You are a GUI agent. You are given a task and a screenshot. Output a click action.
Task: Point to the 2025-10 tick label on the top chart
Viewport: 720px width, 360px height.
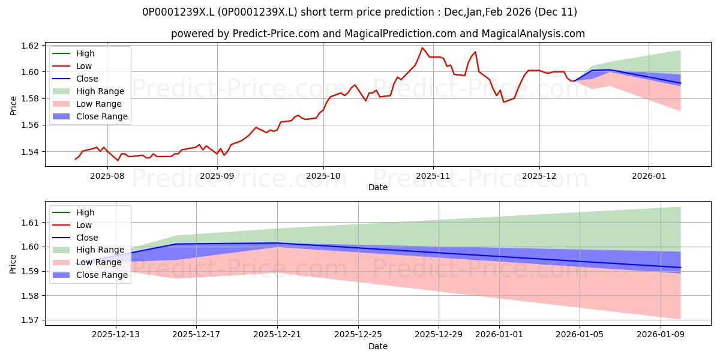[323, 176]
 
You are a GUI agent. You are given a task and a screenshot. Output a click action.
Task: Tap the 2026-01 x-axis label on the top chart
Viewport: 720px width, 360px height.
[649, 176]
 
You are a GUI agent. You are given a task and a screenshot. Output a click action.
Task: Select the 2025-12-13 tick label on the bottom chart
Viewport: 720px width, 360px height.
[116, 335]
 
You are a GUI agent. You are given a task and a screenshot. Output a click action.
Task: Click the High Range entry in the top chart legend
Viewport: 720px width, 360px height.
[100, 91]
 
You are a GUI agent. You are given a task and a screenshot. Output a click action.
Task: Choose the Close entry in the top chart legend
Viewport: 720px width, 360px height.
[87, 79]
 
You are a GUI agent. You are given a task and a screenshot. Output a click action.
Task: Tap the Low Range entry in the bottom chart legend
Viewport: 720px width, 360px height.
[98, 262]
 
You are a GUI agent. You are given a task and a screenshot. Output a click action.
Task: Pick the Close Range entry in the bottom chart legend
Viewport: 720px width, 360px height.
[101, 275]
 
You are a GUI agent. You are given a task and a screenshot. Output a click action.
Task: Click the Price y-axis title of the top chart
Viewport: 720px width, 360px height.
[14, 106]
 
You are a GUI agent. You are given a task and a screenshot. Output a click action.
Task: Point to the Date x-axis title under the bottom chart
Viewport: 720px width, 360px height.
[378, 346]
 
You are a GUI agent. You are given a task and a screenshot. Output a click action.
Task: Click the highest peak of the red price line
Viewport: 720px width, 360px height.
[422, 48]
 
